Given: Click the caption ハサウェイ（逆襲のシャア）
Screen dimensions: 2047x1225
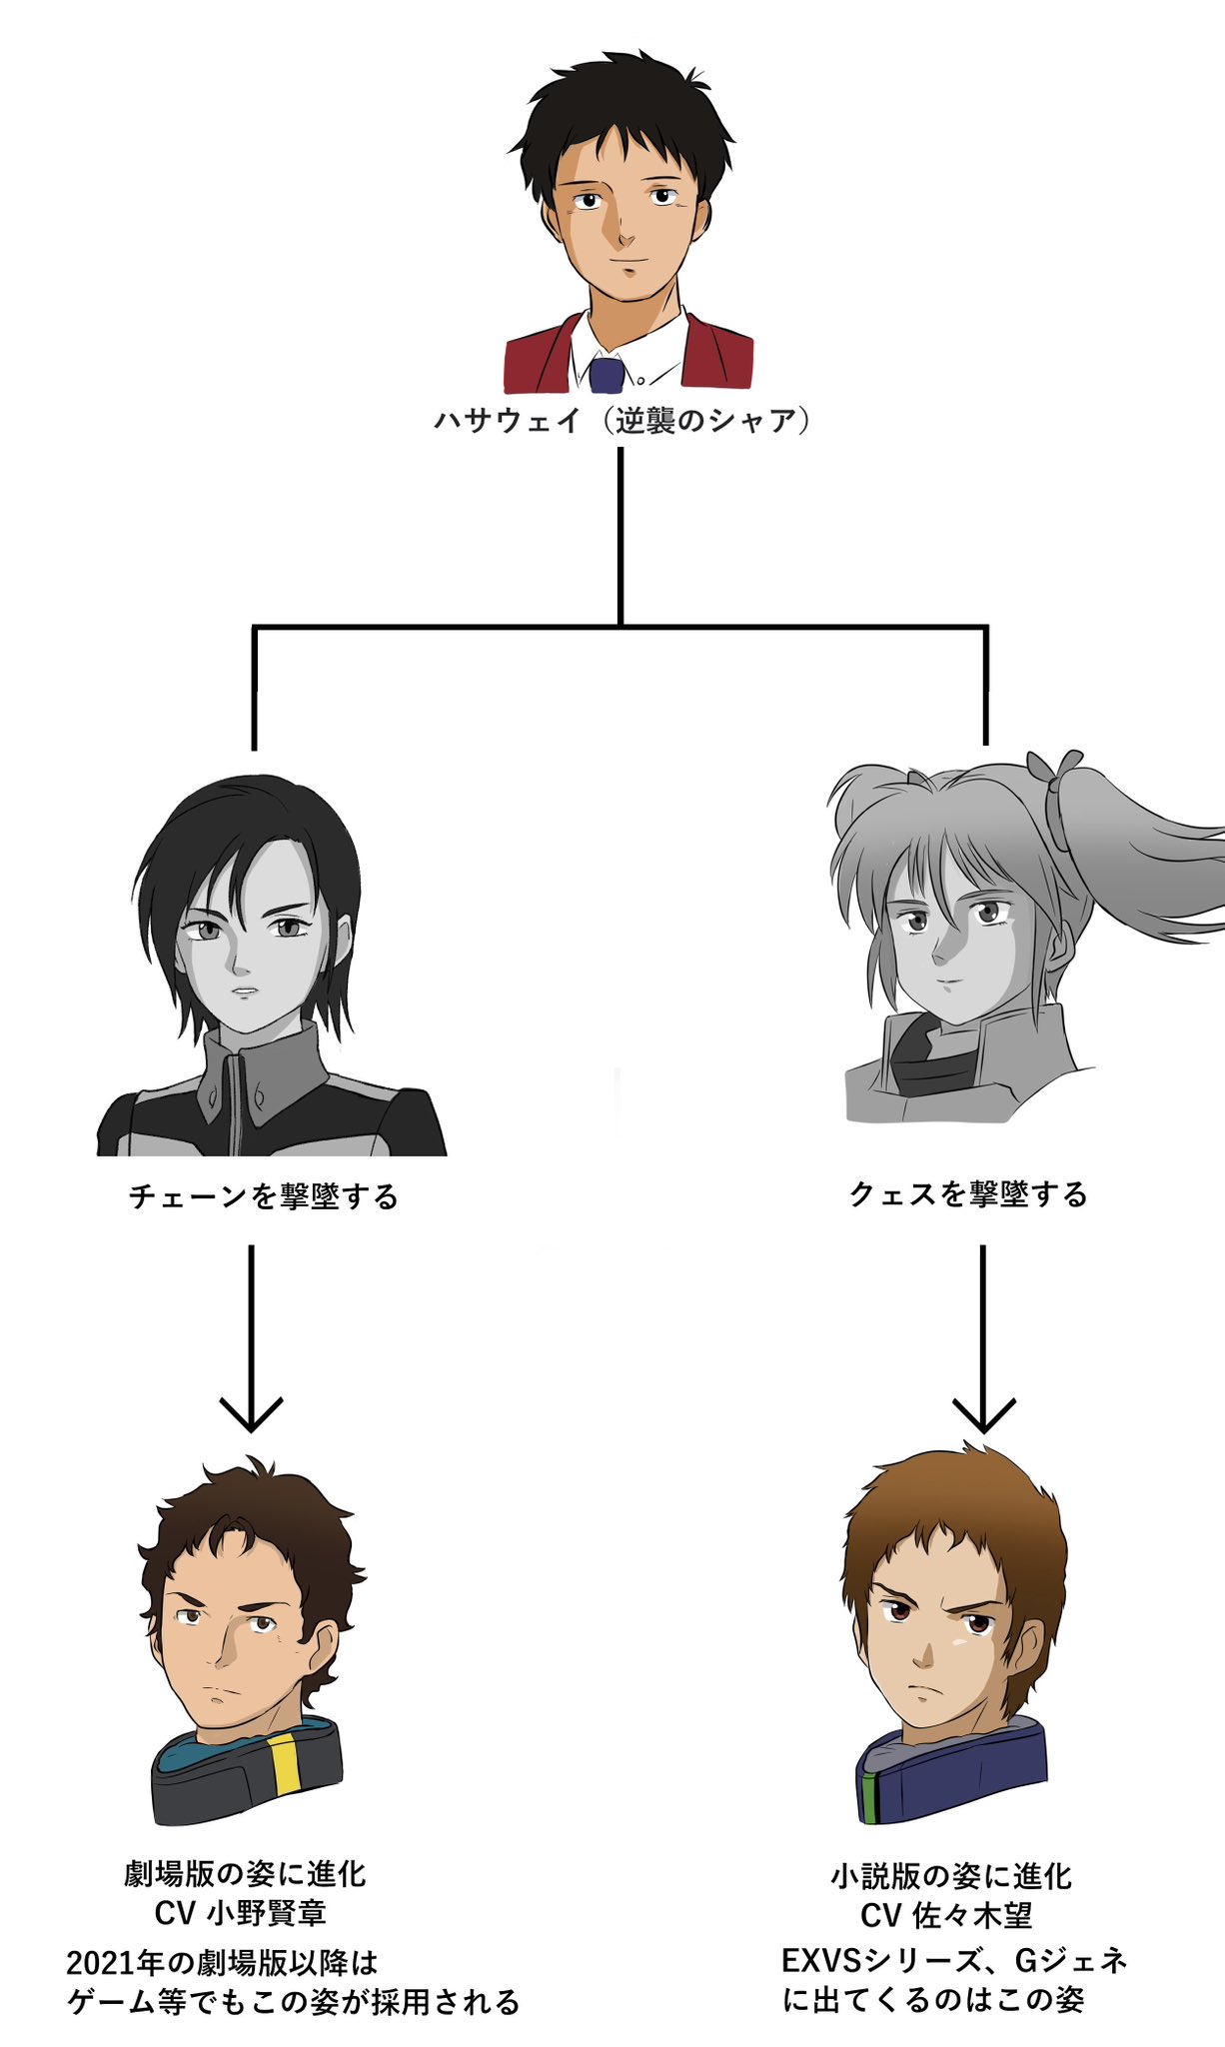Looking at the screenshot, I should pyautogui.click(x=620, y=420).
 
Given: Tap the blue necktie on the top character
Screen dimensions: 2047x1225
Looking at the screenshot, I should pyautogui.click(x=607, y=375).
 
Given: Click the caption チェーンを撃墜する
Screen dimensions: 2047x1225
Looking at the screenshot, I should pyautogui.click(x=263, y=1196).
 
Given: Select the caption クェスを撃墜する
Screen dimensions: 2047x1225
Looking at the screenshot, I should pyautogui.click(x=967, y=1194).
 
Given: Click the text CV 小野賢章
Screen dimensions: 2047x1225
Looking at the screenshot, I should pyautogui.click(x=240, y=1913).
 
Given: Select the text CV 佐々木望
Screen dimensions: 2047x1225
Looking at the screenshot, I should pyautogui.click(x=946, y=1915).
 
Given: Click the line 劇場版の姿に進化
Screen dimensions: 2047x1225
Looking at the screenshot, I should pyautogui.click(x=245, y=1874).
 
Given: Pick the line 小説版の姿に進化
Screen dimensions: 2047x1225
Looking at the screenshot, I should pyautogui.click(x=951, y=1876).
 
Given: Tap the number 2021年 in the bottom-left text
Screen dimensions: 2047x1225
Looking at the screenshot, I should pyautogui.click(x=114, y=1963).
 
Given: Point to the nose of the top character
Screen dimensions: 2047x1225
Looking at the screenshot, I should pyautogui.click(x=623, y=238).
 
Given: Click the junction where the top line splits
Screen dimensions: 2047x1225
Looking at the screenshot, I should pyautogui.click(x=620, y=627).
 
